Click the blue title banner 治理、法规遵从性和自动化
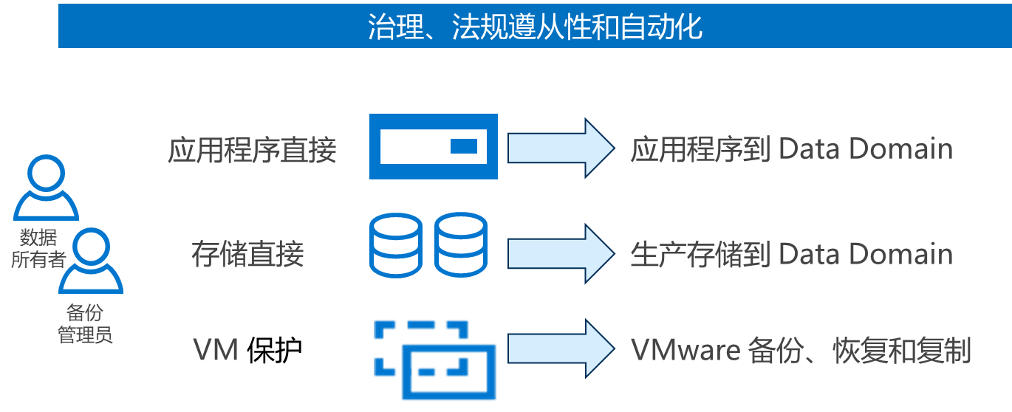click(x=534, y=27)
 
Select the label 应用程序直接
click(x=253, y=150)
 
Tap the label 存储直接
click(x=247, y=255)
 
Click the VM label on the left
click(x=216, y=350)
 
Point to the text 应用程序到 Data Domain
click(x=791, y=150)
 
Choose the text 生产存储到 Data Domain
click(x=791, y=255)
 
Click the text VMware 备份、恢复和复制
click(x=801, y=350)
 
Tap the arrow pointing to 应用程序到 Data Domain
click(x=560, y=147)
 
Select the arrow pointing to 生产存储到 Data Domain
click(x=560, y=253)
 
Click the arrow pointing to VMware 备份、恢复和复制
click(x=560, y=348)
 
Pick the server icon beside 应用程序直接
click(x=434, y=147)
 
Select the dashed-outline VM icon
click(x=434, y=358)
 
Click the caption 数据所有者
click(x=38, y=249)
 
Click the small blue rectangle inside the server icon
click(x=464, y=146)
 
